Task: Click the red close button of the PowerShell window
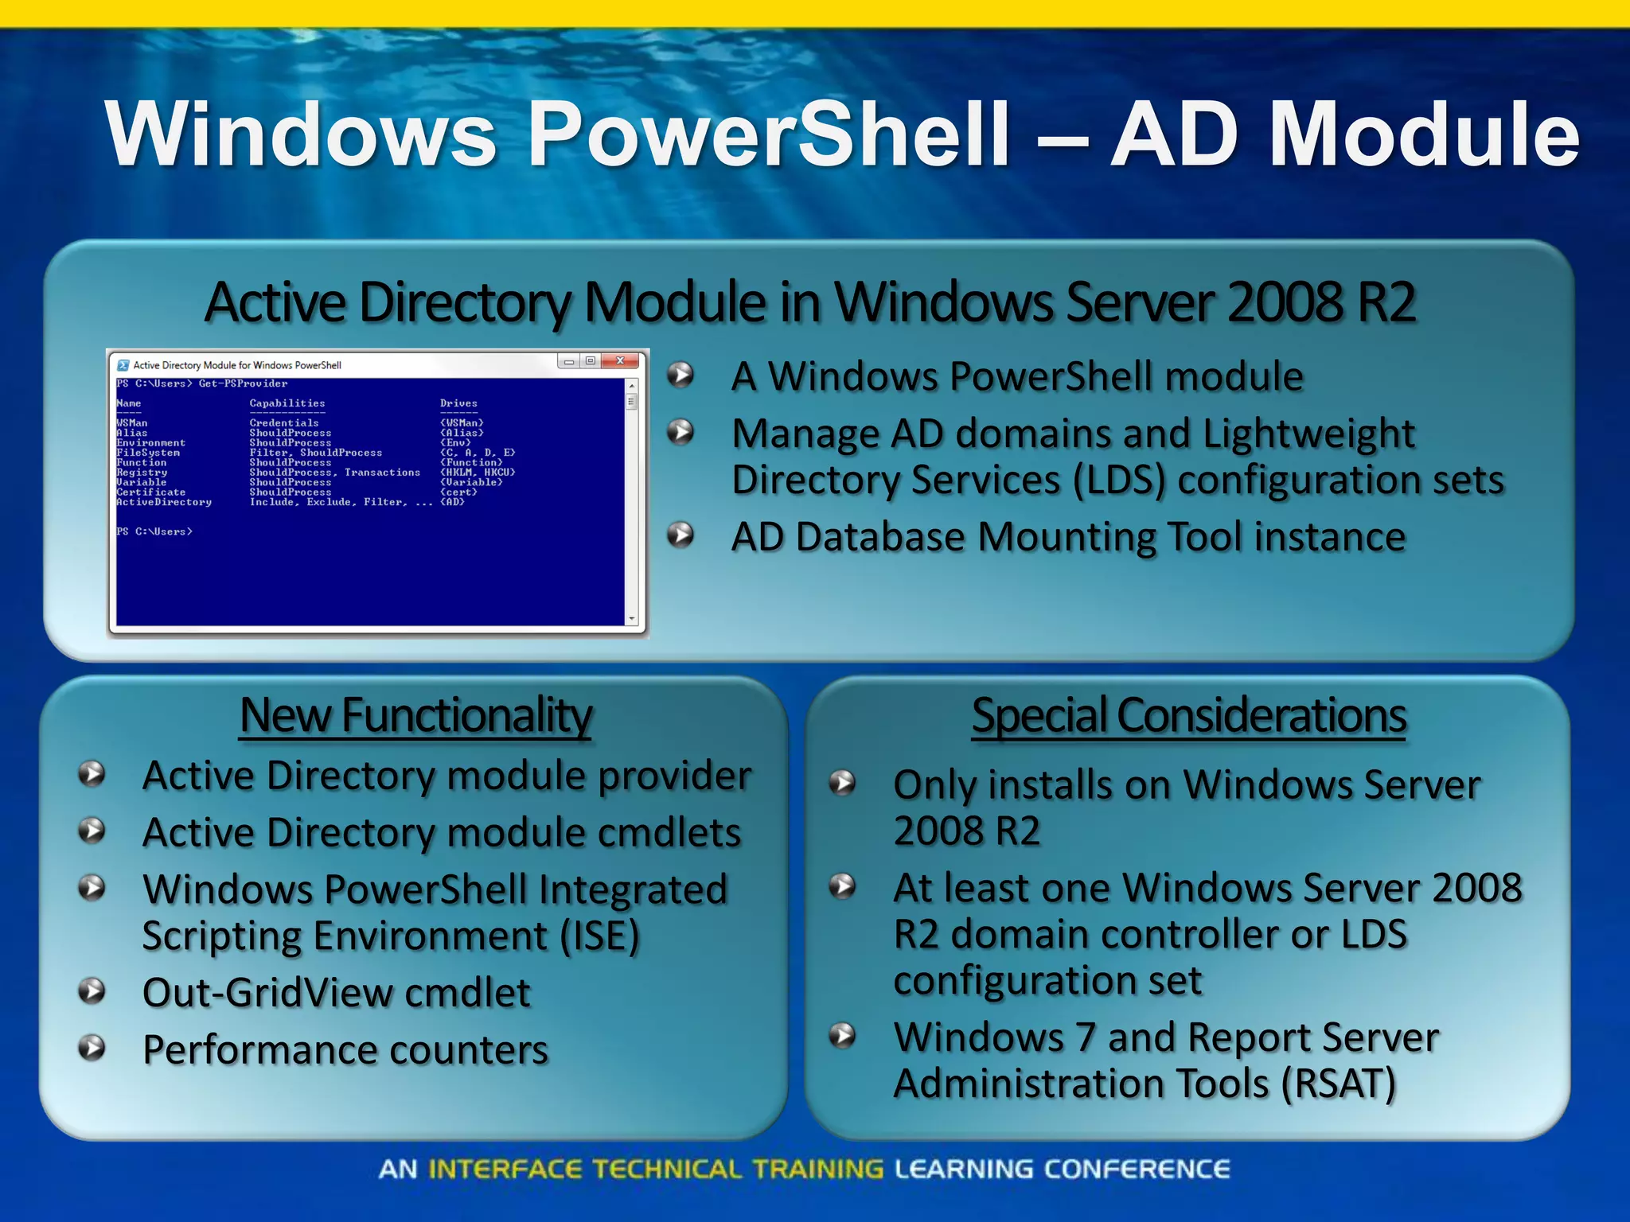pyautogui.click(x=619, y=361)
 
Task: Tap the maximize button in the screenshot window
pyautogui.click(x=590, y=361)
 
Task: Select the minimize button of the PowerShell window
pyautogui.click(x=568, y=362)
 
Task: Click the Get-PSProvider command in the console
pyautogui.click(x=243, y=383)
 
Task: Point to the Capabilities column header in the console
pyautogui.click(x=287, y=403)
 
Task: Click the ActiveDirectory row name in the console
pyautogui.click(x=164, y=502)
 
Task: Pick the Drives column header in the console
pyautogui.click(x=458, y=403)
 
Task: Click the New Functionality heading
pyautogui.click(x=415, y=715)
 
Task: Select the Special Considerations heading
pyautogui.click(x=1189, y=715)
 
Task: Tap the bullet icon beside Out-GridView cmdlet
pyautogui.click(x=92, y=991)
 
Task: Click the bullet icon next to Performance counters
pyautogui.click(x=92, y=1048)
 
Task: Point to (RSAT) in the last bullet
pyautogui.click(x=1339, y=1084)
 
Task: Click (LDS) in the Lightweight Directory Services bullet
pyautogui.click(x=1118, y=481)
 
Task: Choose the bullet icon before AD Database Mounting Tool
pyautogui.click(x=680, y=535)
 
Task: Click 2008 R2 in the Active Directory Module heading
pyautogui.click(x=1321, y=302)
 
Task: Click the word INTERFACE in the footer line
pyautogui.click(x=505, y=1169)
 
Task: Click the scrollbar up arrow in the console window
pyautogui.click(x=632, y=386)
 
